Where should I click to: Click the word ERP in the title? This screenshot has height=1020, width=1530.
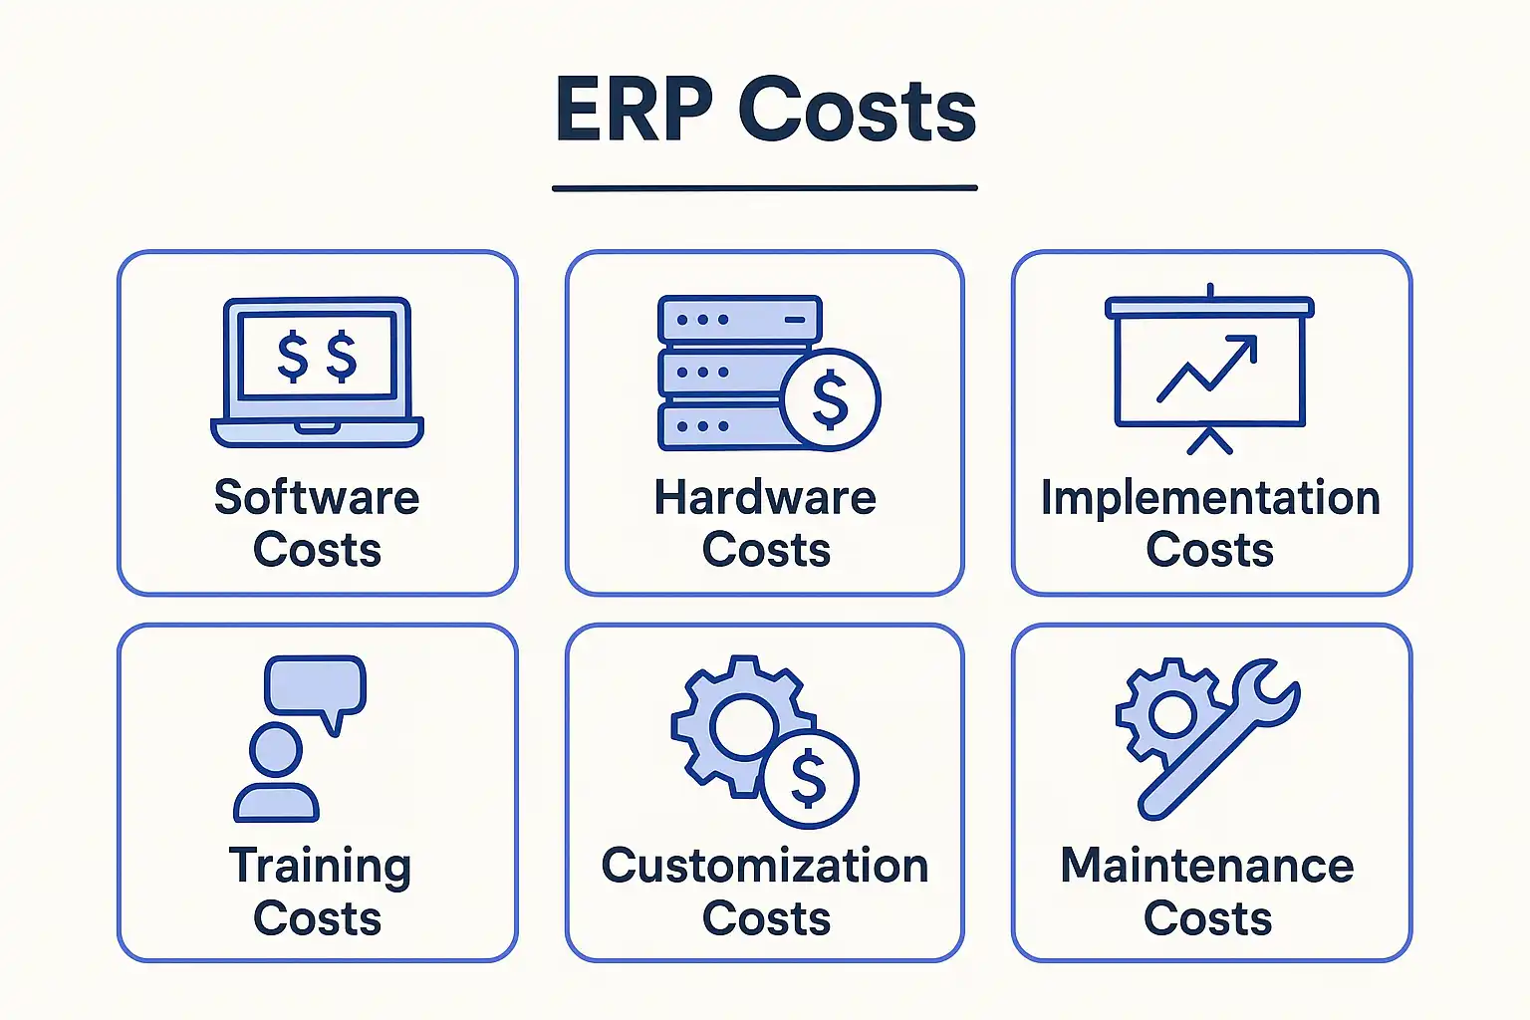(634, 110)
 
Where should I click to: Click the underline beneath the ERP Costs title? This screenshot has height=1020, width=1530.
(765, 188)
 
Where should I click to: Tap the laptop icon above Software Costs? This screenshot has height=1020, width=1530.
(317, 372)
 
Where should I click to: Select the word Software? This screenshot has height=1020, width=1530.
(317, 497)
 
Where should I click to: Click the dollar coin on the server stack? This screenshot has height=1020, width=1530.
(831, 399)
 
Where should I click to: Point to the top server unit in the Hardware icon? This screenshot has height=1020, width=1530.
(740, 319)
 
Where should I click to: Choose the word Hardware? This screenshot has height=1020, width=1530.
(765, 497)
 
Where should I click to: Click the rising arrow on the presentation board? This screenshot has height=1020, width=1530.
(1207, 368)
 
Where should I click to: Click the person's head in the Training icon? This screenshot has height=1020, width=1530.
(276, 749)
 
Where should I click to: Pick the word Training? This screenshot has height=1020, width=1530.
(320, 868)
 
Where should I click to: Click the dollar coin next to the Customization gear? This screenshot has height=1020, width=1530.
(810, 779)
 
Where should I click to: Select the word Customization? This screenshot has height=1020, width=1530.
(765, 866)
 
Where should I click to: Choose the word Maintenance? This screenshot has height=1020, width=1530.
(1207, 866)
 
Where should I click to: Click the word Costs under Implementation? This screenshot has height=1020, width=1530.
(1209, 550)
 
